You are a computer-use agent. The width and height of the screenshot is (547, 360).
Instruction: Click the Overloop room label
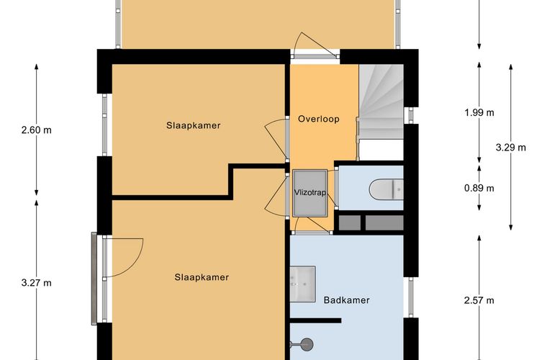(x=319, y=119)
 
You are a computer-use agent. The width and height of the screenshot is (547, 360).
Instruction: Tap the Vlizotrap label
(x=310, y=192)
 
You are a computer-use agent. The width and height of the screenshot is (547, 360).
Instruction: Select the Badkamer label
(x=346, y=300)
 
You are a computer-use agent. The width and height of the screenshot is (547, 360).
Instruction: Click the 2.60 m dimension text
(x=36, y=130)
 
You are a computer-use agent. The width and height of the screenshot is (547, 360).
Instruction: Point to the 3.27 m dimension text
(x=36, y=282)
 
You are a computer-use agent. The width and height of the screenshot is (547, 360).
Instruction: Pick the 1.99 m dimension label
(x=479, y=112)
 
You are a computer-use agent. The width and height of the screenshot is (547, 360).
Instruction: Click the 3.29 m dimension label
(x=511, y=148)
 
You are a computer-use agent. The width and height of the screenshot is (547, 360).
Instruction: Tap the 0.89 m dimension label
(x=479, y=189)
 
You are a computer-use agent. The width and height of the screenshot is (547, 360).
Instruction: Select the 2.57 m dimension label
(x=479, y=300)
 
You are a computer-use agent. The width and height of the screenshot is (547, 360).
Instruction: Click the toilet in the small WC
(x=386, y=189)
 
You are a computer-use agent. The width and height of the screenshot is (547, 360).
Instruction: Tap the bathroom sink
(x=302, y=284)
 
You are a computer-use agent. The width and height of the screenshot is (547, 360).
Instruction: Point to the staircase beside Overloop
(x=381, y=102)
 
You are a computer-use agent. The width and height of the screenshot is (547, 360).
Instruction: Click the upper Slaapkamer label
(x=194, y=125)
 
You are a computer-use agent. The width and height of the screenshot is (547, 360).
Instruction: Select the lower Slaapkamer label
(x=202, y=277)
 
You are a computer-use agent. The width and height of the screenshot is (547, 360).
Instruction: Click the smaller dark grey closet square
(x=350, y=223)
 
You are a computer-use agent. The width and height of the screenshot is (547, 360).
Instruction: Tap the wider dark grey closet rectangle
(x=384, y=223)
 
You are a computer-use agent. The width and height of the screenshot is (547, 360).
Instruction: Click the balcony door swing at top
(x=315, y=45)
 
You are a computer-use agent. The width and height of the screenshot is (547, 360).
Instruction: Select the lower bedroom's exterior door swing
(x=124, y=258)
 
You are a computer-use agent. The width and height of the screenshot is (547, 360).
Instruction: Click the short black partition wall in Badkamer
(x=316, y=320)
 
